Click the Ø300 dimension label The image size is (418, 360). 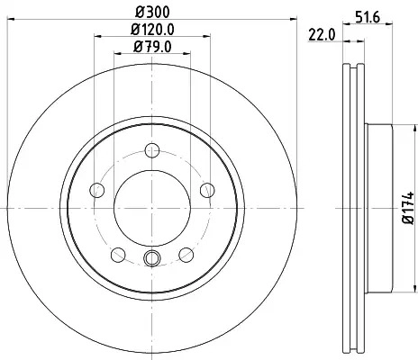click(x=152, y=12)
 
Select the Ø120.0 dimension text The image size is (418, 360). click(x=152, y=30)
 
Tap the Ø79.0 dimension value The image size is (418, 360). click(x=152, y=47)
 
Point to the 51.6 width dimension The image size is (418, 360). click(x=368, y=17)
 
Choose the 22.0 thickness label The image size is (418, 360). click(x=322, y=35)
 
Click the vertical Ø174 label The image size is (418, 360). click(x=408, y=207)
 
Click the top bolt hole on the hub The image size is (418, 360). click(x=152, y=150)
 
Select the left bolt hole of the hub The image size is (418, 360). click(x=97, y=190)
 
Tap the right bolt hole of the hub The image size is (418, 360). click(x=207, y=190)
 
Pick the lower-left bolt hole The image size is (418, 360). click(x=118, y=255)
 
